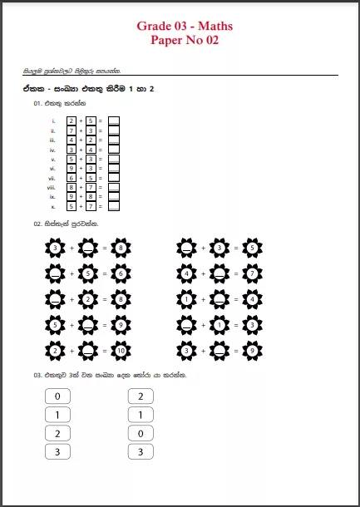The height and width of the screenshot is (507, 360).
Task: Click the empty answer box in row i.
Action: coord(114,121)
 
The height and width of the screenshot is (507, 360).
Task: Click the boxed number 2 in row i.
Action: coord(72,121)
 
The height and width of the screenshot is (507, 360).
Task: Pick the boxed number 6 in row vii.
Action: coord(72,178)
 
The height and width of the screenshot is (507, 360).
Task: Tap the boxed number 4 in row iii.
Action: coord(72,140)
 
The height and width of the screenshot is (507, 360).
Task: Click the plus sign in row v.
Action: coord(81,159)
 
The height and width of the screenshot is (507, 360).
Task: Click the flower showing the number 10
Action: coord(121,351)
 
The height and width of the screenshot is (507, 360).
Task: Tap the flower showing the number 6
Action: coord(121,273)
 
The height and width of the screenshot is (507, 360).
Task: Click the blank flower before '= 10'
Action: coord(88,351)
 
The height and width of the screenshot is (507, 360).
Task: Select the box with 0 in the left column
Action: coord(57,396)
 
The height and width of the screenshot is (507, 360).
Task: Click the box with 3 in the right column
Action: coord(141,451)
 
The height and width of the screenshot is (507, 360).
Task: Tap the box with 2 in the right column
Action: coord(141,396)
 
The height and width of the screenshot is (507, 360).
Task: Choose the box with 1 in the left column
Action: coord(57,415)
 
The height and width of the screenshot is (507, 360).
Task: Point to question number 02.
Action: coord(37,224)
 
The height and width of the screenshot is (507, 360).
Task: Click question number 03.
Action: coord(37,376)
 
